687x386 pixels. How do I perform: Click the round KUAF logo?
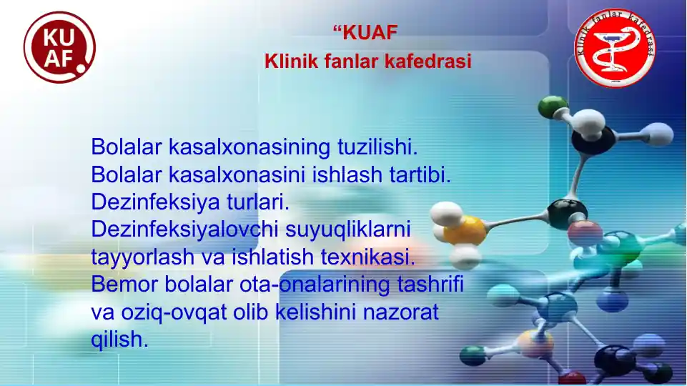(59, 47)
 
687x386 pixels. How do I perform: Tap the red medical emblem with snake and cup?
(616, 48)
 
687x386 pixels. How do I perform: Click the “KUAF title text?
(365, 32)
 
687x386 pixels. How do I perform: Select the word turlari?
(257, 202)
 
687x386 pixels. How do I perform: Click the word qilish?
(119, 340)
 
